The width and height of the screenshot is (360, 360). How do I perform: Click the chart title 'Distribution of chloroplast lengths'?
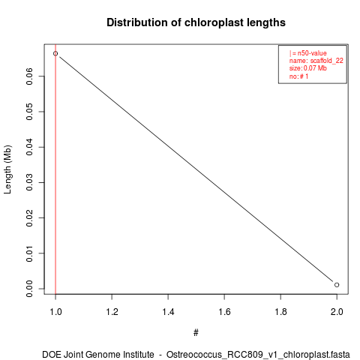[x=196, y=22]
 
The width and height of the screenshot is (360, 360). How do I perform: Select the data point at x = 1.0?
[x=55, y=53]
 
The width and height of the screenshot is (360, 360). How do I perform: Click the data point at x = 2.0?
[x=337, y=285]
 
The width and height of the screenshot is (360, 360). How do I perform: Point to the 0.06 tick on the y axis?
[x=29, y=76]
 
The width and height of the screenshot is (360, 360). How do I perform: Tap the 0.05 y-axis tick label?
[x=29, y=112]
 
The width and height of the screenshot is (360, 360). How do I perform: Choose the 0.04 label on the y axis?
[x=29, y=147]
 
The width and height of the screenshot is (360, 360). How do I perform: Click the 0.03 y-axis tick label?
[x=29, y=182]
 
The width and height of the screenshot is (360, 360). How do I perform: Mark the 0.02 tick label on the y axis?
[x=29, y=217]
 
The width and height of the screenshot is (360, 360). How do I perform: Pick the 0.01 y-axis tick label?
[x=29, y=253]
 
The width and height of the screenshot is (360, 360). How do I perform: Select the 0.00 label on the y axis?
[x=29, y=289]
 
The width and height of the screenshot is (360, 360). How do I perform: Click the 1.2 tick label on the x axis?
[x=112, y=312]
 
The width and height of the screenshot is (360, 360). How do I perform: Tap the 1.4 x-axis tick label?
[x=168, y=312]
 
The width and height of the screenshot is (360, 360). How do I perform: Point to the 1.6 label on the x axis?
[x=224, y=312]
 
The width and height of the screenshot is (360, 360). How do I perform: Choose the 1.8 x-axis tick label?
[x=280, y=312]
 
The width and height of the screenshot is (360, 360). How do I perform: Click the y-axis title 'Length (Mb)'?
[x=7, y=169]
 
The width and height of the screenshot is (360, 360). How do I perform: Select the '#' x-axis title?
[x=196, y=333]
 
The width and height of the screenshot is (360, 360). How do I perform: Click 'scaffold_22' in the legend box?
[x=327, y=61]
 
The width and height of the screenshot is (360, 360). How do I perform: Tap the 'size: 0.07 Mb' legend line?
[x=308, y=68]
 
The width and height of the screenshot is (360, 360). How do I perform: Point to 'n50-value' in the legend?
[x=312, y=53]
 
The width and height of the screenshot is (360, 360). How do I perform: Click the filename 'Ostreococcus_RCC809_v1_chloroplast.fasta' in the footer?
[x=258, y=355]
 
